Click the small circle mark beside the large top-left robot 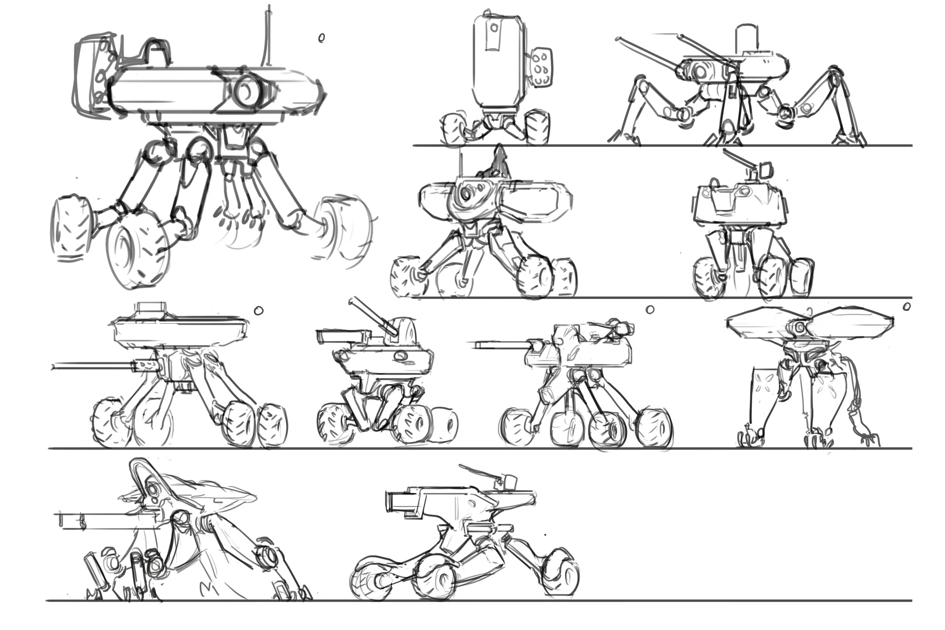point(321,38)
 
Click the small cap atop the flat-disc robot point(152,308)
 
